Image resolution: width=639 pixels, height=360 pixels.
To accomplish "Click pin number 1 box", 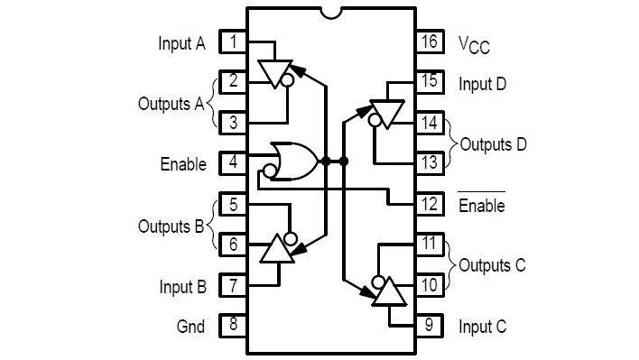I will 234,42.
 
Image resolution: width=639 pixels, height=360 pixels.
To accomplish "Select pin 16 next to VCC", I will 429,42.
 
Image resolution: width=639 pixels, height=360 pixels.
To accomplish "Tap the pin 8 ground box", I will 234,325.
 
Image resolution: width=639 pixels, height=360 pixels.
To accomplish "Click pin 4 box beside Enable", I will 234,163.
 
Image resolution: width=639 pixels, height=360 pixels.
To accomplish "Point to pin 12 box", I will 429,204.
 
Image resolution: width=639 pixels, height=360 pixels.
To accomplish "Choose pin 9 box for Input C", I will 429,325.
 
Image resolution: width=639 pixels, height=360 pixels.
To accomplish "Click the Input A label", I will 181,42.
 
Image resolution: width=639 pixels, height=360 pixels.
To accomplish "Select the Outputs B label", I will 171,225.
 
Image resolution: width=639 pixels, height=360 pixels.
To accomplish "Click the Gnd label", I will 190,326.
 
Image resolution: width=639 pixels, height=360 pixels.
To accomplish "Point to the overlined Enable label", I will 481,205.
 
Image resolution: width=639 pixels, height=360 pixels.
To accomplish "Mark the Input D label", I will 482,84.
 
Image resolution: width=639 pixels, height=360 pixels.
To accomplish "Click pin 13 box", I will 429,163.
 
